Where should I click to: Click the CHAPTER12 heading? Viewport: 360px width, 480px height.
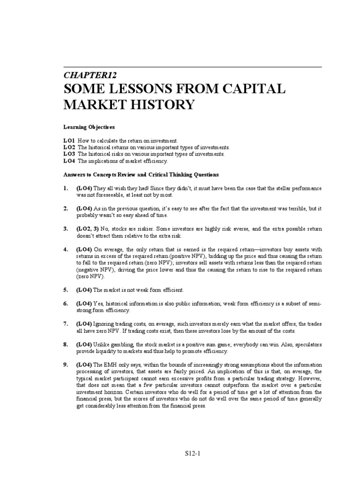click(x=90, y=75)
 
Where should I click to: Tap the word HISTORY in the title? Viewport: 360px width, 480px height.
click(x=161, y=105)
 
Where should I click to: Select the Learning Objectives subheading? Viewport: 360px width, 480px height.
click(x=89, y=127)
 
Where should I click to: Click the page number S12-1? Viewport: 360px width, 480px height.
click(x=193, y=454)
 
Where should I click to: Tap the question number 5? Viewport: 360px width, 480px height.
click(x=66, y=290)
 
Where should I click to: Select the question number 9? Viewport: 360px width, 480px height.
click(x=66, y=364)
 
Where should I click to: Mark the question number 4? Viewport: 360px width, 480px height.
click(x=66, y=249)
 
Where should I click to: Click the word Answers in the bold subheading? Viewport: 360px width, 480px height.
click(x=75, y=174)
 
